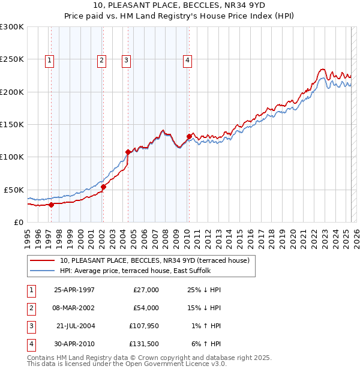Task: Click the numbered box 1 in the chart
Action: [x=49, y=59]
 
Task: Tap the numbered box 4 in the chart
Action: [x=188, y=59]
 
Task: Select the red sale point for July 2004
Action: [x=128, y=152]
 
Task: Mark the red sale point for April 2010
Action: [x=189, y=136]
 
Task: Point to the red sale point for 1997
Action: [x=51, y=205]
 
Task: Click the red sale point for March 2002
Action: [x=103, y=187]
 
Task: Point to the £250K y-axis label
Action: [x=11, y=59]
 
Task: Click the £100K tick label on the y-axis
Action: [x=11, y=157]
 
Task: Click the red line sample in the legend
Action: [x=43, y=260]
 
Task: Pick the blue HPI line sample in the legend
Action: [x=43, y=271]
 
